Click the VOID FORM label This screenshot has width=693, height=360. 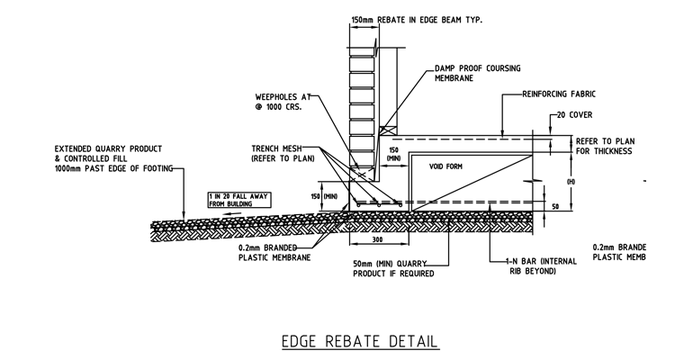click(x=445, y=166)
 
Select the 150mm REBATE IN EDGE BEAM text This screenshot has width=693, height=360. click(x=412, y=19)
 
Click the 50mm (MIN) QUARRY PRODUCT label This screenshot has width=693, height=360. click(x=392, y=267)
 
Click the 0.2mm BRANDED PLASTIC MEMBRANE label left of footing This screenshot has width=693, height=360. click(x=274, y=251)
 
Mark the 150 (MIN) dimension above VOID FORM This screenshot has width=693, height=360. click(x=393, y=154)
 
